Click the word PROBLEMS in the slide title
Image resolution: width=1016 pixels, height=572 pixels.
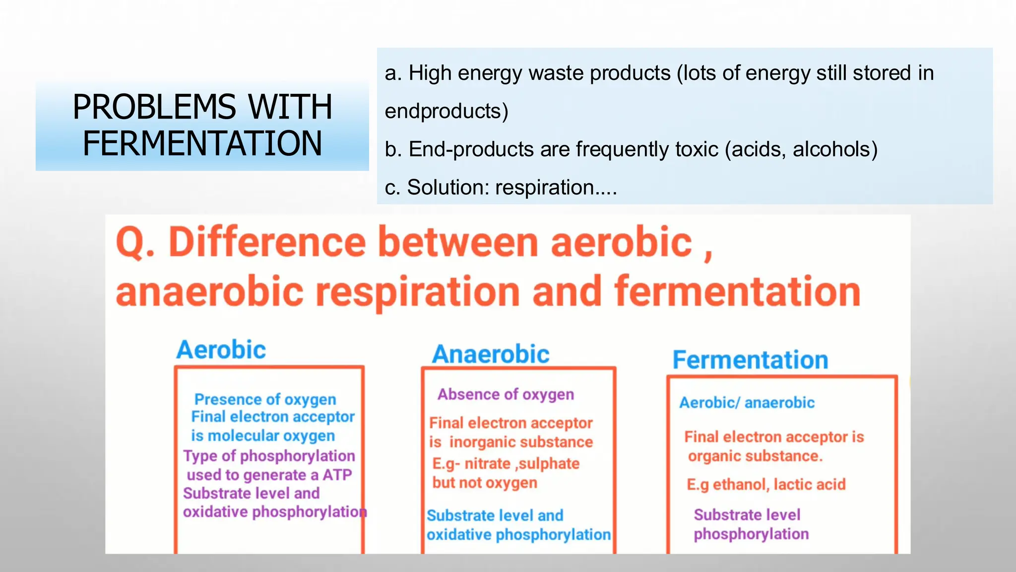click(154, 107)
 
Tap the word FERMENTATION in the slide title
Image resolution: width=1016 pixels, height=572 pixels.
click(202, 143)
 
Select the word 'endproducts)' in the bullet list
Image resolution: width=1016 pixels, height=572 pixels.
click(446, 111)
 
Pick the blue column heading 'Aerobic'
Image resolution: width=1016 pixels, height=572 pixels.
click(221, 350)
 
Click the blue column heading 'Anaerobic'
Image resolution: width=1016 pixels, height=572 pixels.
click(491, 355)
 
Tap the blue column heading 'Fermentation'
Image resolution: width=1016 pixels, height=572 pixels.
click(750, 360)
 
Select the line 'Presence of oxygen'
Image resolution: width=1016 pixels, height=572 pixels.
click(265, 399)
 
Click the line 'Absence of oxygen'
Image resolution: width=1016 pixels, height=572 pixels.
click(506, 394)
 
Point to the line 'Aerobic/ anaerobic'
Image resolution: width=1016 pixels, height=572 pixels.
click(747, 402)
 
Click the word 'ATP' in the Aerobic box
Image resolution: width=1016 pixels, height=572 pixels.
click(337, 475)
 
